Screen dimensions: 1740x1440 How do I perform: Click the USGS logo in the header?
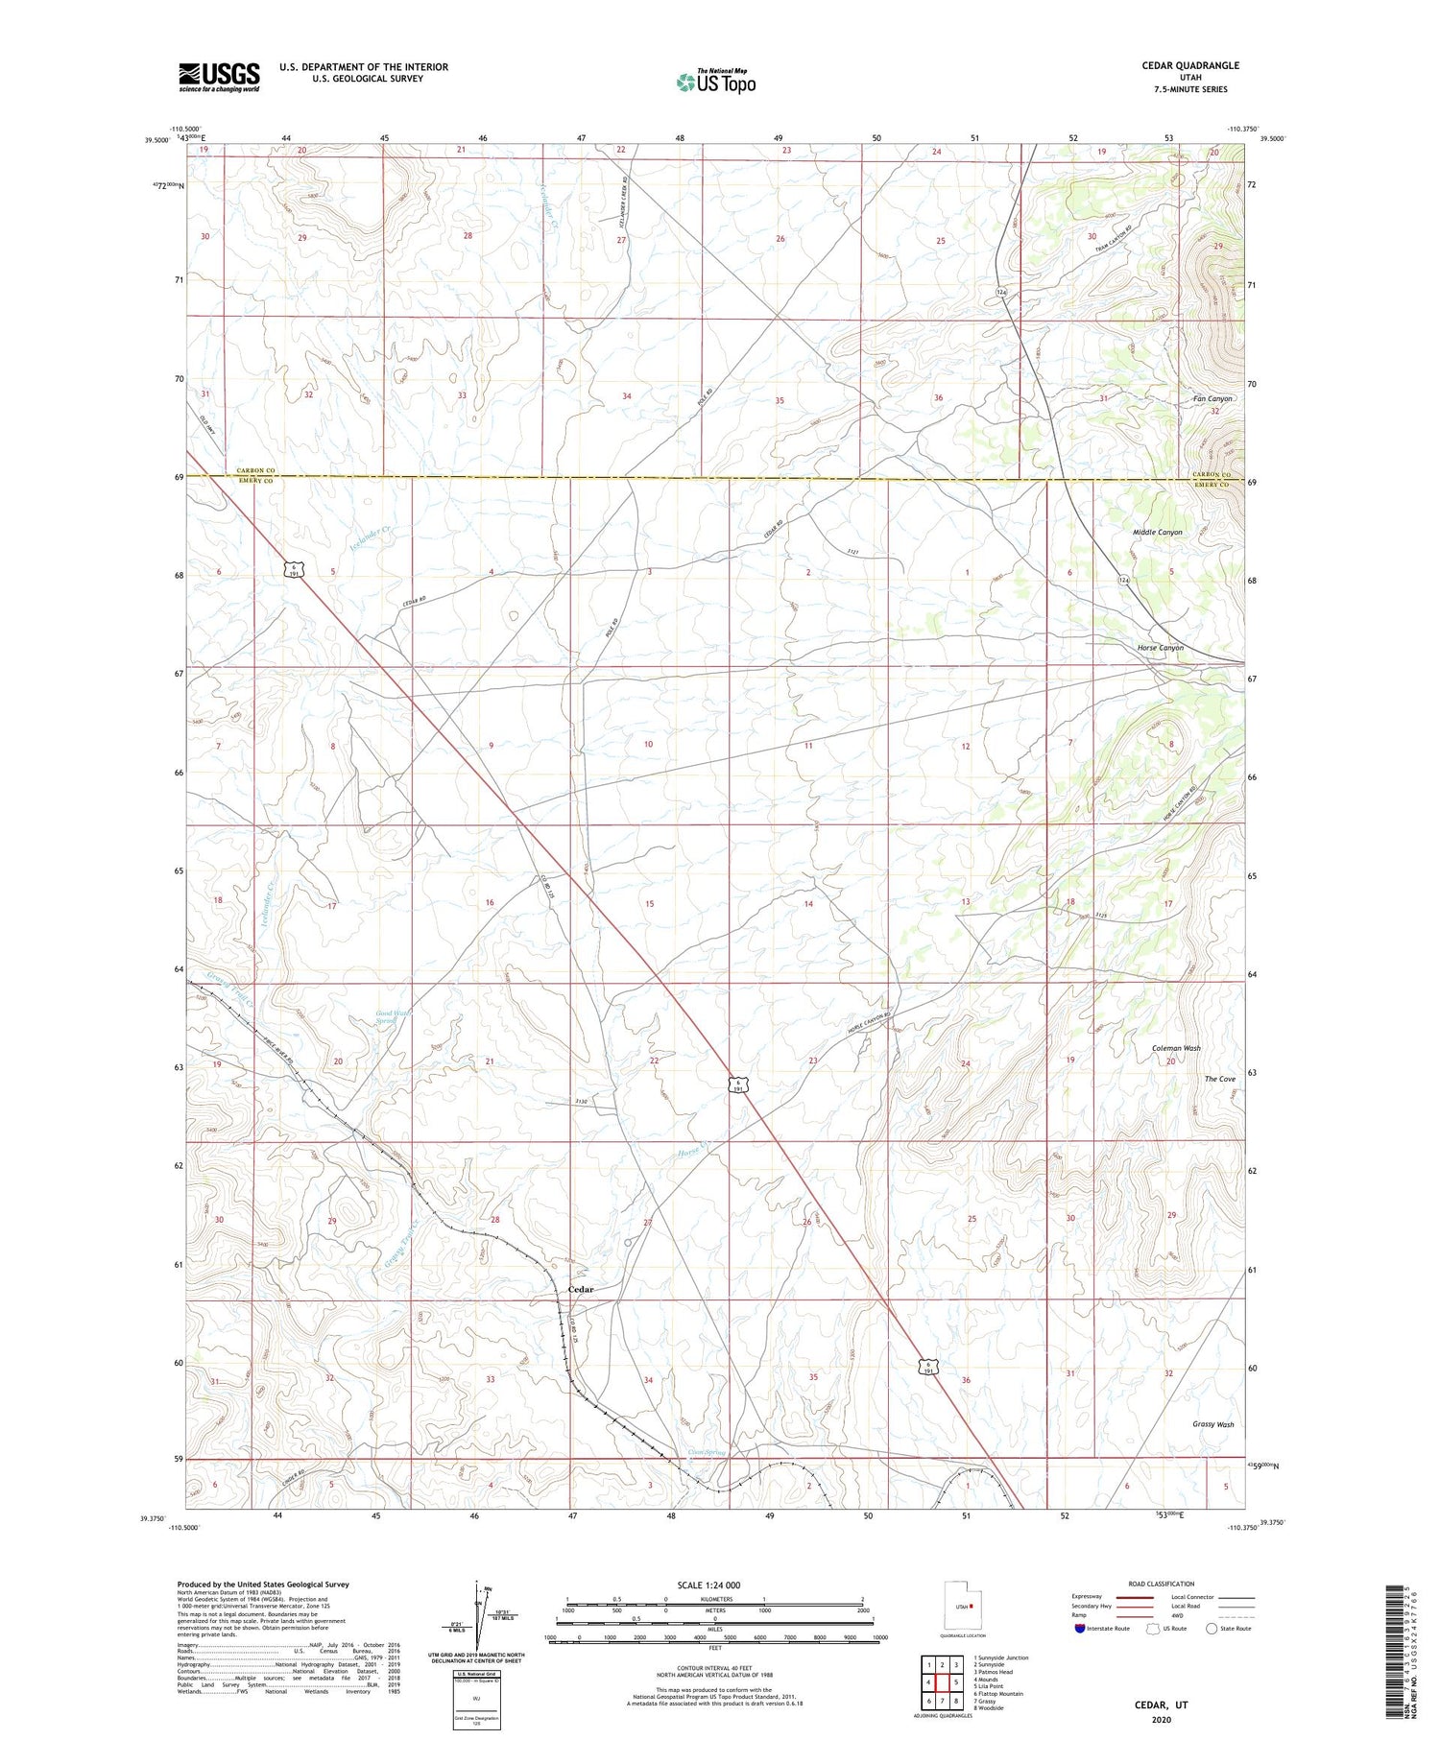click(219, 77)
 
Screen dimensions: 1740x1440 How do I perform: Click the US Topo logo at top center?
click(715, 83)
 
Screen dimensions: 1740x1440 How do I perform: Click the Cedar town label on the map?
click(581, 1289)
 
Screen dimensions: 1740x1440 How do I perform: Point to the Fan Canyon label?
click(1212, 398)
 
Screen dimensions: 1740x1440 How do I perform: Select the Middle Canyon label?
click(1157, 532)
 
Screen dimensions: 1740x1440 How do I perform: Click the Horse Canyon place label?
click(1160, 648)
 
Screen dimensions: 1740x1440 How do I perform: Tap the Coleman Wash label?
click(1176, 1048)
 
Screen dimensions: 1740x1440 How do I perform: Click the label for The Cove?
click(1219, 1079)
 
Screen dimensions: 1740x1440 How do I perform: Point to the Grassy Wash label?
click(1212, 1424)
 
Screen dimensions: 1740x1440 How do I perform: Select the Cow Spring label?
click(708, 1452)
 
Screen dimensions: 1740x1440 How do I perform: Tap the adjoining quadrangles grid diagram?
click(942, 1681)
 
